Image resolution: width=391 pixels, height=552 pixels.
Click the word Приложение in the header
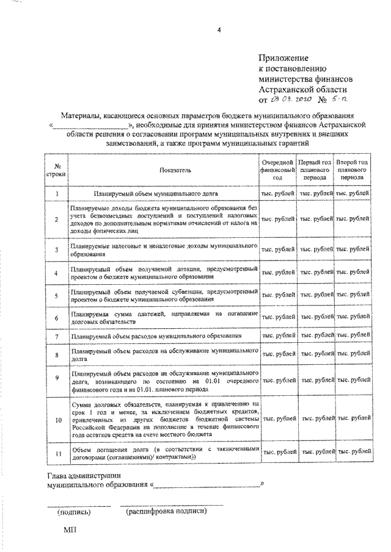coord(286,57)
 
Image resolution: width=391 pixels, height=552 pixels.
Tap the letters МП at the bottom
coord(69,531)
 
